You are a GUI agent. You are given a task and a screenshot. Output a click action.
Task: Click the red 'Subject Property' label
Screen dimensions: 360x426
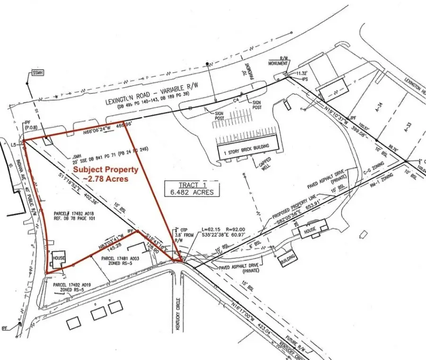pos(105,170)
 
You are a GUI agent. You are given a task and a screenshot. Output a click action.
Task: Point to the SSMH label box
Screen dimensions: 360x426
pos(37,72)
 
